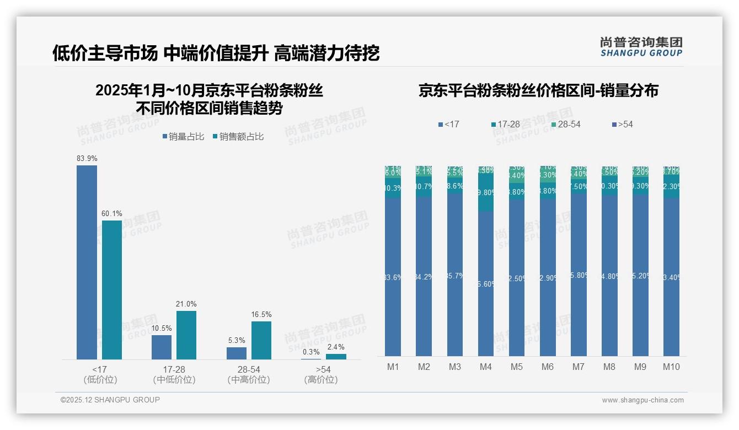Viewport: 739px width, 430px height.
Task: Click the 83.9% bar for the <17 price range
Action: pos(87,262)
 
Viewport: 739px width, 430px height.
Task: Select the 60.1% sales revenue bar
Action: pos(112,290)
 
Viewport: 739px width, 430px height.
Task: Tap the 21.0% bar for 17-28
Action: pos(186,335)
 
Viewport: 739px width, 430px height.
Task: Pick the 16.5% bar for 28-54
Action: pos(261,340)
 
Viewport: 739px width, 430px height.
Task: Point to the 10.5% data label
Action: pos(162,328)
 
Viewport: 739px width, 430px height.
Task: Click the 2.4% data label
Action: pos(335,347)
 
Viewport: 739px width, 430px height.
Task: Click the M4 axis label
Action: pos(485,367)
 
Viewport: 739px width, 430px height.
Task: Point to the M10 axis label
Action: pos(671,367)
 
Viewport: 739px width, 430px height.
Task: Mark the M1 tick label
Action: pos(393,367)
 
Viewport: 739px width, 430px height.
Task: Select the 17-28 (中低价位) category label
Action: pos(174,374)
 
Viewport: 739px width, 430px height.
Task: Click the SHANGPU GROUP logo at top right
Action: pos(641,47)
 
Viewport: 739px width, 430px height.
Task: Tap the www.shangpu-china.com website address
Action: pos(642,400)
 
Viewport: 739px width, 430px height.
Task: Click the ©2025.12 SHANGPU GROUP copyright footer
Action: pos(110,400)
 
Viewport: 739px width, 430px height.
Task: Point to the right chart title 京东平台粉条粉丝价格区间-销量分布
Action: pos(538,90)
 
